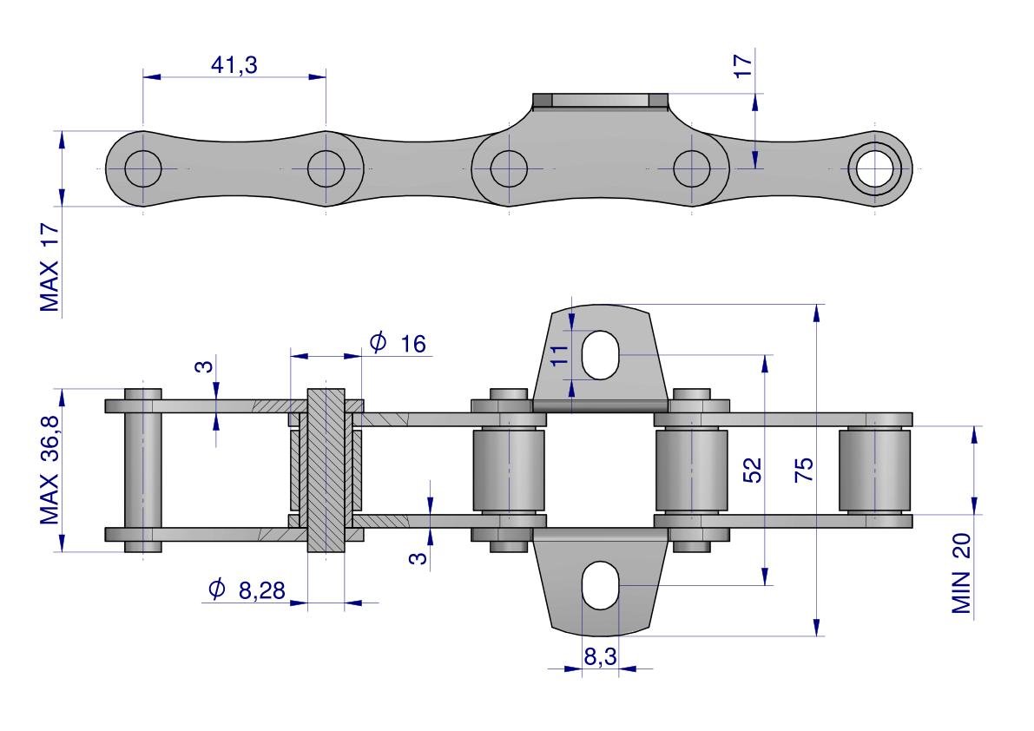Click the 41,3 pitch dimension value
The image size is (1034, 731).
(234, 64)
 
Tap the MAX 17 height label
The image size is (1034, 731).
(49, 267)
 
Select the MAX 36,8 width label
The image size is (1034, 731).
(49, 471)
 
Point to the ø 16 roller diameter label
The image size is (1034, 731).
(398, 343)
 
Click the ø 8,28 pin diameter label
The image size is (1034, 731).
(247, 590)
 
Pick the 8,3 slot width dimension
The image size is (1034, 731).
(600, 656)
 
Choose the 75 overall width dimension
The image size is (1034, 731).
(804, 470)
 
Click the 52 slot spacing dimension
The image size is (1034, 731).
(753, 470)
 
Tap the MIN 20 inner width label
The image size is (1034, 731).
(961, 573)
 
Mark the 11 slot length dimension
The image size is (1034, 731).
(559, 355)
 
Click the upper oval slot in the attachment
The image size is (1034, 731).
(600, 355)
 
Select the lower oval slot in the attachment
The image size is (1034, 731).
(600, 585)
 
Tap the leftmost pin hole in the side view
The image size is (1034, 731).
(143, 168)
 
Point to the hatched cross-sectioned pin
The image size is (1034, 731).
(326, 470)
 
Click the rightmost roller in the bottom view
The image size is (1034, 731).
(874, 470)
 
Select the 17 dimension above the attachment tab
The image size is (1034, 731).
(742, 66)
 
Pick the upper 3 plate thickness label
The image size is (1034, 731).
(206, 365)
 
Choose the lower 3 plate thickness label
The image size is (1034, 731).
(418, 558)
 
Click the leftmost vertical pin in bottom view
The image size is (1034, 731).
(143, 470)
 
